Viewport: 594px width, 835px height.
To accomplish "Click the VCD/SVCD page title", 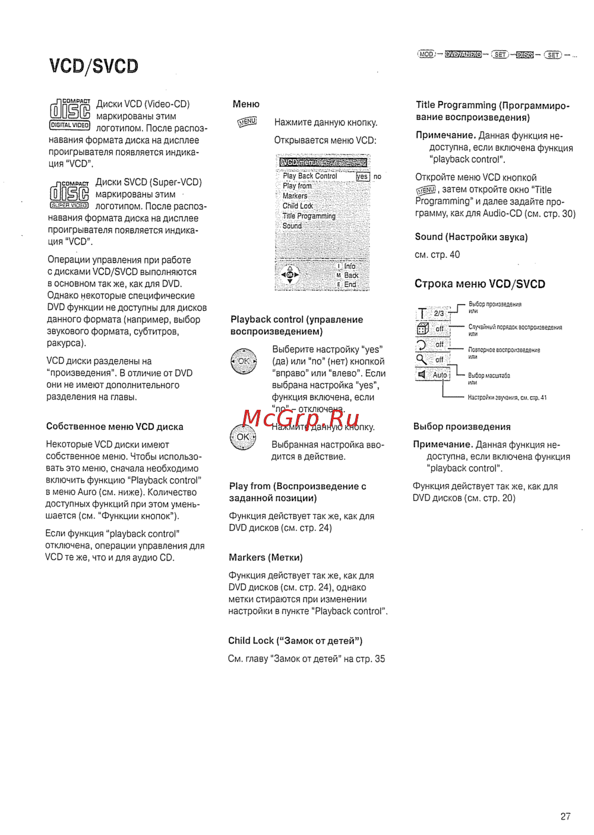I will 94,66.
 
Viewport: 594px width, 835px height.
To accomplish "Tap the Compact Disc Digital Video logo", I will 69,114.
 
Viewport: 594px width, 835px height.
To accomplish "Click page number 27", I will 565,817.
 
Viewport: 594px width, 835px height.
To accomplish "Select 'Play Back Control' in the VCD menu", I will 309,176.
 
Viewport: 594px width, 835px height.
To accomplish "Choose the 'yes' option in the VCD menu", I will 362,176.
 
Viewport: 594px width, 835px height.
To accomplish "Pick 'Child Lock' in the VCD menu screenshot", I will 298,206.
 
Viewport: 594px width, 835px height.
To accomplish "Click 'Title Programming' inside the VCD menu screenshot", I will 309,216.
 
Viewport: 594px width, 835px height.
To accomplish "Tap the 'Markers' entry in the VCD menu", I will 295,196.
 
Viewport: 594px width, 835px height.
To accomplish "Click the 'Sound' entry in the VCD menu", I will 292,226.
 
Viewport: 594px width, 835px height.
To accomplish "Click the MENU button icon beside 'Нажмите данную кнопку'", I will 247,122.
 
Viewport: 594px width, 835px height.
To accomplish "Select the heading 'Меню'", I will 246,104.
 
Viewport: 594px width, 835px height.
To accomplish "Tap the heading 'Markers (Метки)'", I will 266,558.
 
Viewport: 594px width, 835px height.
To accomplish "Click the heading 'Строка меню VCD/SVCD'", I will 479,284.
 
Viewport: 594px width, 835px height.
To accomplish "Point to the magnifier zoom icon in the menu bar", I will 422,359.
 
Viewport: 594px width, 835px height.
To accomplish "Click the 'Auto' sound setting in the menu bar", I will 440,375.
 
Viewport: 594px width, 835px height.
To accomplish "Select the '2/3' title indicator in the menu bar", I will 439,313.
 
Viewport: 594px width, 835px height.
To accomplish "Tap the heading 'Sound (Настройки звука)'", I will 471,237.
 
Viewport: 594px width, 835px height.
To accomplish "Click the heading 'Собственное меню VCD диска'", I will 115,427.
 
